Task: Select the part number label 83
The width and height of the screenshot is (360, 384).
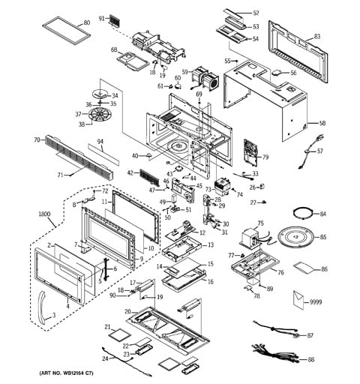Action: tap(316, 36)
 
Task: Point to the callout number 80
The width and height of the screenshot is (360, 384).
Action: tap(86, 23)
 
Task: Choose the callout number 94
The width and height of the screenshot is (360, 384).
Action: tap(100, 141)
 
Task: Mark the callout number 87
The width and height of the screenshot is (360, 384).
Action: tap(310, 335)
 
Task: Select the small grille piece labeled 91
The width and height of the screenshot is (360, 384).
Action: tap(115, 19)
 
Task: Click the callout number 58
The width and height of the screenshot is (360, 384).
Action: tap(323, 123)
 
